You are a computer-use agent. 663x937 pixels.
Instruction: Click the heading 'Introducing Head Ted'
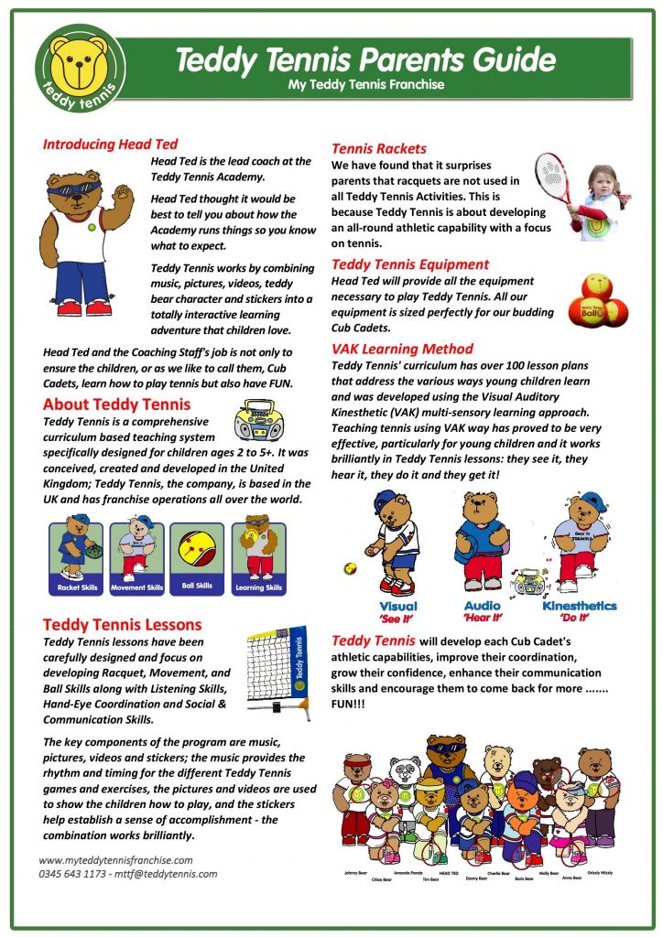coord(110,144)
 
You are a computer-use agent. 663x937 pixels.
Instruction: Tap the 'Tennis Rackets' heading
coord(378,148)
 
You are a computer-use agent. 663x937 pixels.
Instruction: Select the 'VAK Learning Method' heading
coord(402,349)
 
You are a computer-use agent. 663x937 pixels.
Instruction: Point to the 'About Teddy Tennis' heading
coord(116,404)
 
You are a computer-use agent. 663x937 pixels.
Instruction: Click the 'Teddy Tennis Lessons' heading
coord(122,624)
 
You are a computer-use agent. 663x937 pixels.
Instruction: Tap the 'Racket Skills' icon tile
coord(79,557)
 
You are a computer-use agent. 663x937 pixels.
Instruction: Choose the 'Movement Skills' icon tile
coord(137,557)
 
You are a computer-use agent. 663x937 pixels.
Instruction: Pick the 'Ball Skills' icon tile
coord(197,557)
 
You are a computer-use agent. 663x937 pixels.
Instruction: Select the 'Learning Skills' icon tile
coord(258,557)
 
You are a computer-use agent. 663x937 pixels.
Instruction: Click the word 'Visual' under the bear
coord(397,606)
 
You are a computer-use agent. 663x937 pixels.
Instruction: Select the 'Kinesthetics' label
coord(579,606)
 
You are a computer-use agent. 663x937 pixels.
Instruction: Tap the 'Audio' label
coord(482,606)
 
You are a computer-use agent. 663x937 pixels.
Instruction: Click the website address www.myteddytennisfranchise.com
coord(115,859)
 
